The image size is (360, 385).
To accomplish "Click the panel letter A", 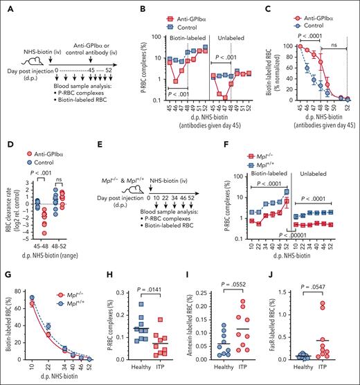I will point(6,8).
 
